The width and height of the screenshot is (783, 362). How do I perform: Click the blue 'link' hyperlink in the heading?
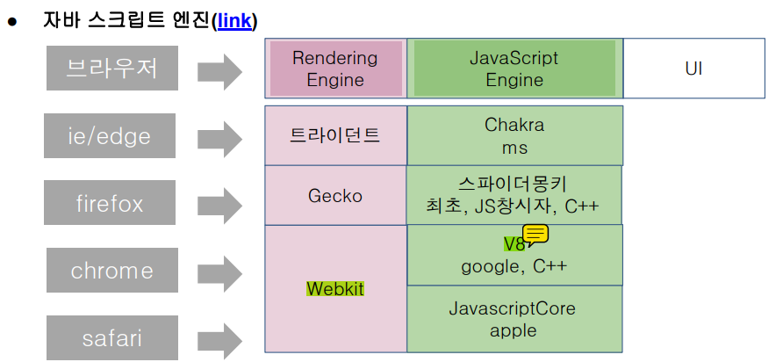[x=235, y=20]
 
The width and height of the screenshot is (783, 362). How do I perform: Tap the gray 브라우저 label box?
[x=112, y=69]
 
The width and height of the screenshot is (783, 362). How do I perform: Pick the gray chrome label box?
[x=112, y=271]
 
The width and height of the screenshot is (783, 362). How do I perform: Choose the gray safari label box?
[x=112, y=337]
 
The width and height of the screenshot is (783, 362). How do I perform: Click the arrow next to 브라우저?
[x=220, y=70]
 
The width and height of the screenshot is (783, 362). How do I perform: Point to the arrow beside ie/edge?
[x=220, y=138]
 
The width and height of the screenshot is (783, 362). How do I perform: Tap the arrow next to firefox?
[x=220, y=206]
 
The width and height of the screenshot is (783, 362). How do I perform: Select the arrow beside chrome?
[x=220, y=272]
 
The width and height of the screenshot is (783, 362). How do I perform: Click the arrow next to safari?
[x=220, y=340]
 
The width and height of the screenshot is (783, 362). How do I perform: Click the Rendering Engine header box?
[x=335, y=69]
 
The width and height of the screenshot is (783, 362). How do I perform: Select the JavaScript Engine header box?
[x=514, y=69]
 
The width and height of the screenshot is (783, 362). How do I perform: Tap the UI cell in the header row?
[x=693, y=69]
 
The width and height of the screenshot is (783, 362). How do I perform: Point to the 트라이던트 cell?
[x=335, y=135]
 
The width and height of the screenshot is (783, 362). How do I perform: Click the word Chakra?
[x=514, y=126]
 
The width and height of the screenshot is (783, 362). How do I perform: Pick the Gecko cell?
[x=335, y=195]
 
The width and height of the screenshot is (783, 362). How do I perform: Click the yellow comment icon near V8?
[x=535, y=234]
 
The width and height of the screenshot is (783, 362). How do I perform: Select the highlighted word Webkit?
[x=335, y=288]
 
